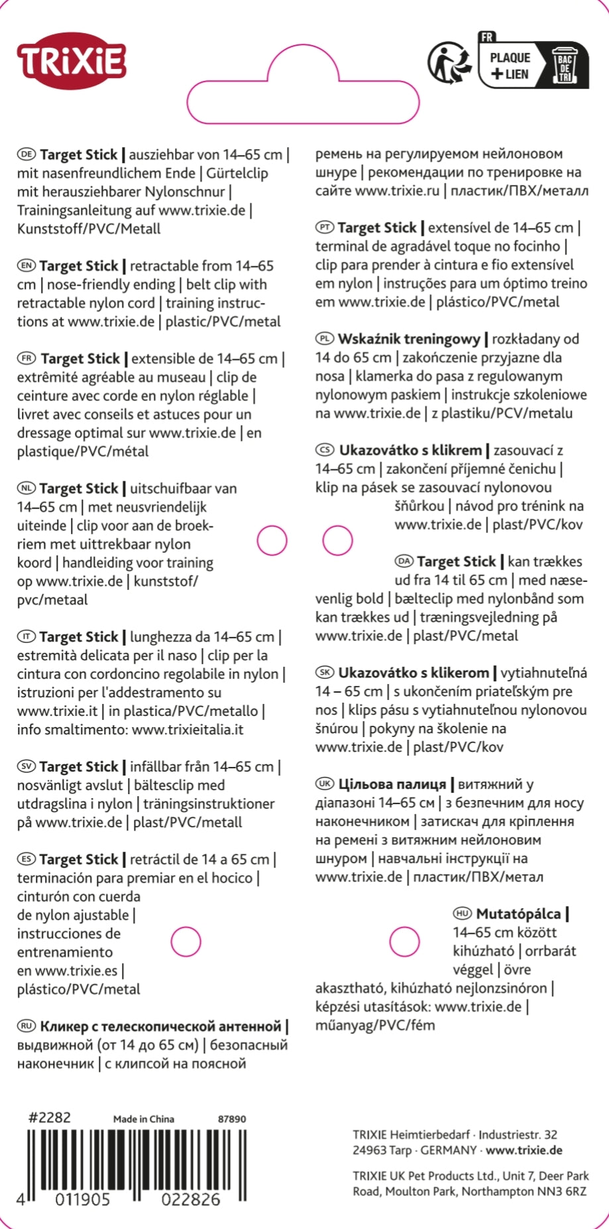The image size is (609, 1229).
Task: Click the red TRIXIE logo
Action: (x=72, y=61)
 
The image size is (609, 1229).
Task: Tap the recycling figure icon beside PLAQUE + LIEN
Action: (x=450, y=64)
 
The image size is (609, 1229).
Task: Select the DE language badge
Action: (x=27, y=154)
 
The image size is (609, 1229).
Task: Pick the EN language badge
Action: (x=27, y=266)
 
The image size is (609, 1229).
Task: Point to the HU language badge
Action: (x=463, y=913)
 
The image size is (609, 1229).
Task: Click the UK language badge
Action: (x=325, y=784)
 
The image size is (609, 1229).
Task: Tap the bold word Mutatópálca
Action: (x=518, y=913)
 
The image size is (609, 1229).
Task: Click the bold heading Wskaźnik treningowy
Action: (x=409, y=339)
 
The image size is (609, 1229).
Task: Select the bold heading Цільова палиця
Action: (x=392, y=784)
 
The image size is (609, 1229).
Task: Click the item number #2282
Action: (x=49, y=1117)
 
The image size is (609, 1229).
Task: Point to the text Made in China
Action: (x=144, y=1119)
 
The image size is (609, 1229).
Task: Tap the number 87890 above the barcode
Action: (x=232, y=1119)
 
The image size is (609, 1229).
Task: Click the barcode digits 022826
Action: (x=191, y=1199)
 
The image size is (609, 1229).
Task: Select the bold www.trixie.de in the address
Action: (x=524, y=1150)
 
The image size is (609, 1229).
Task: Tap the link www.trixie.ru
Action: (x=397, y=191)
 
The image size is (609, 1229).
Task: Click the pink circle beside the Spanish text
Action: (x=186, y=942)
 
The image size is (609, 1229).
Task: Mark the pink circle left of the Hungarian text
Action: (x=404, y=942)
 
